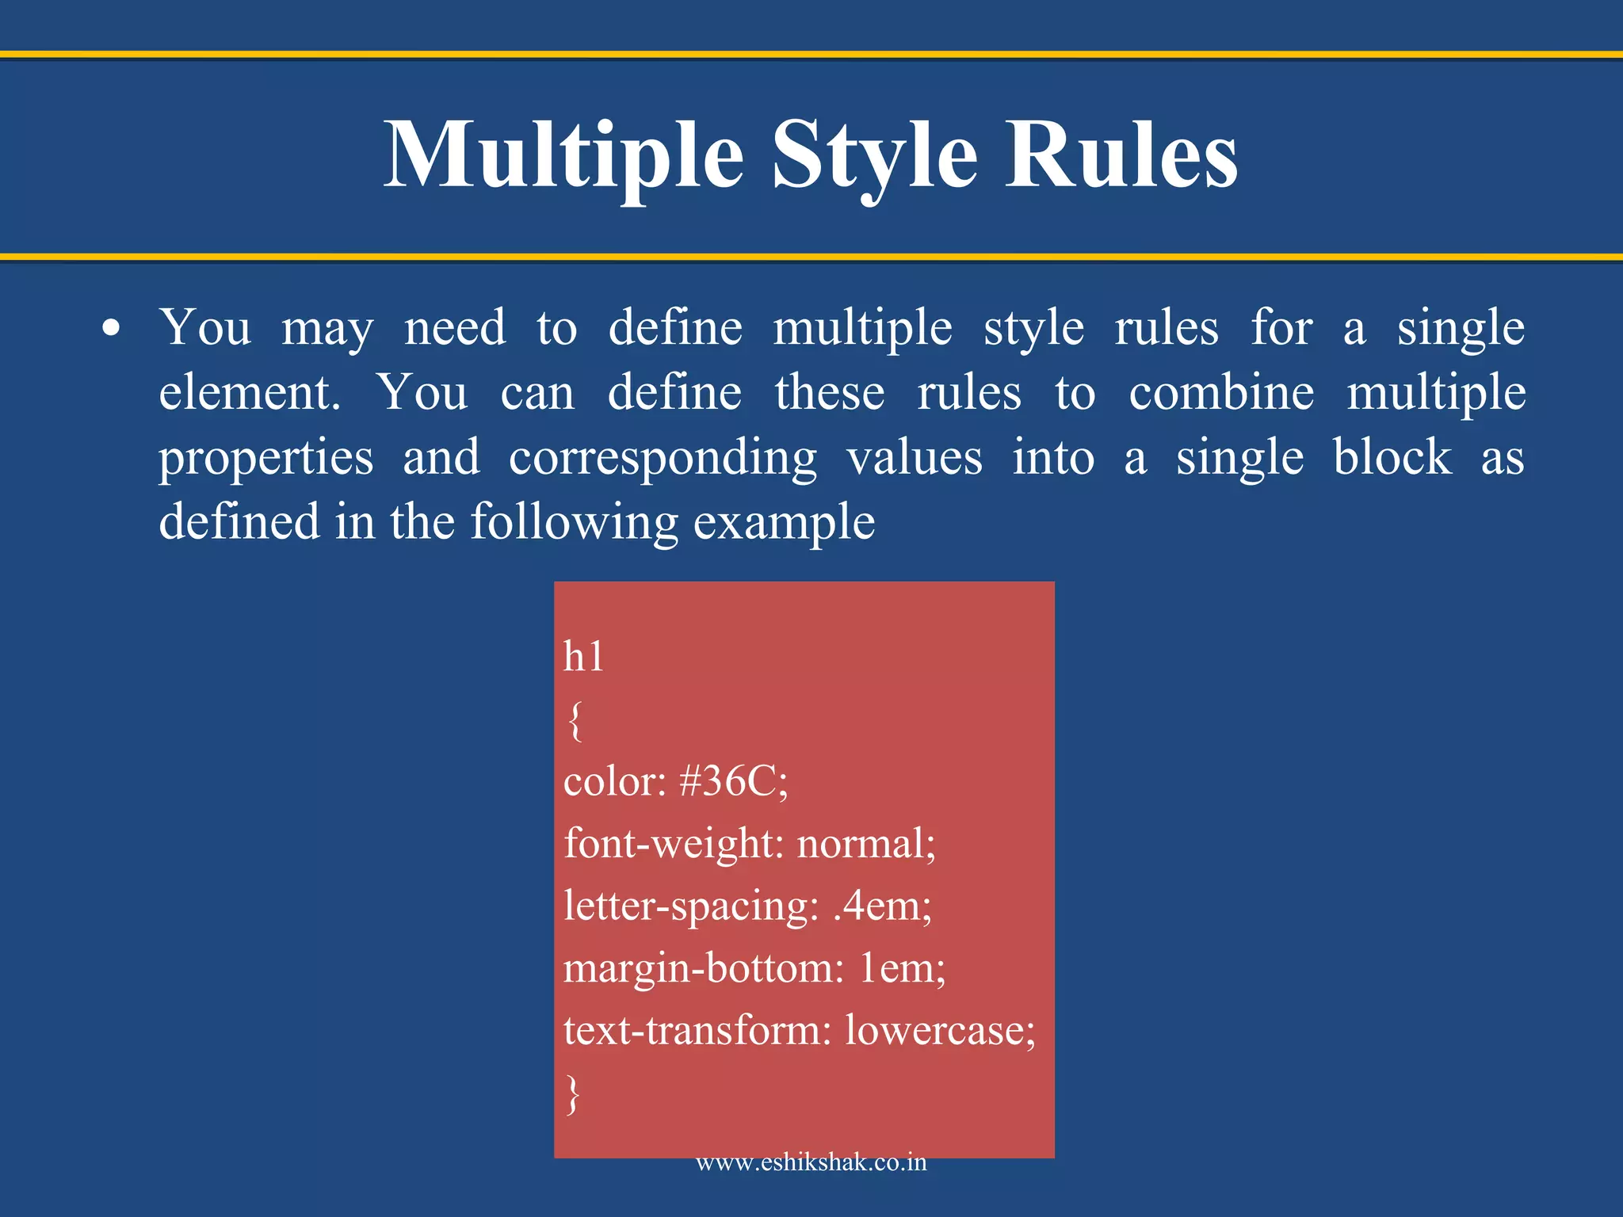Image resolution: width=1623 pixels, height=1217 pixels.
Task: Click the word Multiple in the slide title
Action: (563, 155)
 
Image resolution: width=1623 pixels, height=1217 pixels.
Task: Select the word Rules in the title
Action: (1121, 155)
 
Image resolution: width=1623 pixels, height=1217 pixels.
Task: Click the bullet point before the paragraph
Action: (112, 329)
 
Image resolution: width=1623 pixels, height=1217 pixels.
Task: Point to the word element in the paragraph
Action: (249, 393)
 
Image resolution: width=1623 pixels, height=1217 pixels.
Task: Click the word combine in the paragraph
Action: (1221, 393)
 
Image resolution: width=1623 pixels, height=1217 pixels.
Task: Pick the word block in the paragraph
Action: (1392, 457)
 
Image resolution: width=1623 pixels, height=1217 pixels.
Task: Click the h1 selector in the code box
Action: (583, 657)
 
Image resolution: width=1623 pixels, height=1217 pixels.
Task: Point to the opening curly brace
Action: (575, 720)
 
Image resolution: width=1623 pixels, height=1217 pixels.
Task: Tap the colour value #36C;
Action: (734, 782)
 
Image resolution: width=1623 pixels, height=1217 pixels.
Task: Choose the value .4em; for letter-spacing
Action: (882, 906)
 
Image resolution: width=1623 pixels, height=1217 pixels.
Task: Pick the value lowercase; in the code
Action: (940, 1031)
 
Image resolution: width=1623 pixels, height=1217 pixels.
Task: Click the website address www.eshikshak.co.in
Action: (811, 1163)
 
